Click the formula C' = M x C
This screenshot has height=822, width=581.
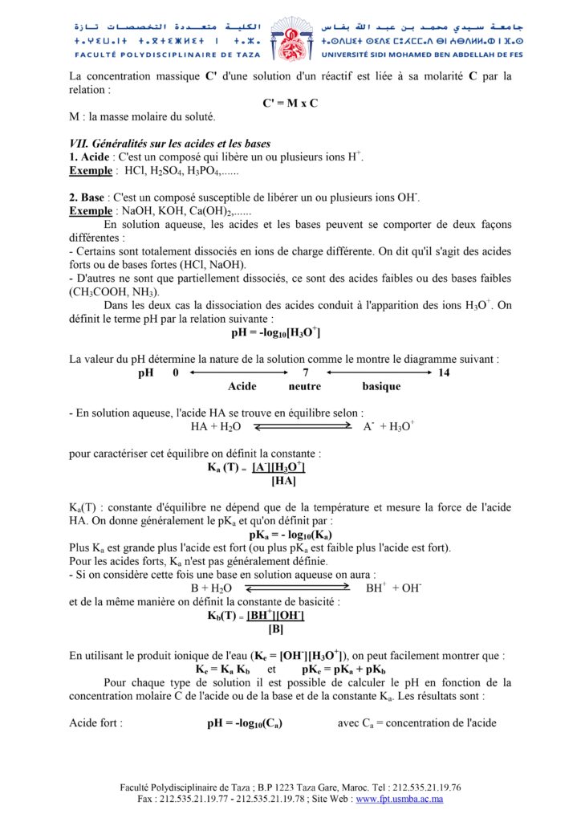click(x=290, y=104)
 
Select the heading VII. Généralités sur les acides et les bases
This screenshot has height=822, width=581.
click(x=169, y=144)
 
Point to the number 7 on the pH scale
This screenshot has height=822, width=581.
click(x=306, y=372)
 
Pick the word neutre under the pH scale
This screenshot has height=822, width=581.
click(x=304, y=386)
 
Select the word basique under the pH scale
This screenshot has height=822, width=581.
click(x=381, y=386)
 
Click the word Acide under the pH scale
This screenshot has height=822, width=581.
click(x=242, y=386)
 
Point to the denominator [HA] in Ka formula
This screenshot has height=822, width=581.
click(x=284, y=482)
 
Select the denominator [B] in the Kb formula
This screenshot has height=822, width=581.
click(x=275, y=629)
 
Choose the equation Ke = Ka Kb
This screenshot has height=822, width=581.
click(x=223, y=669)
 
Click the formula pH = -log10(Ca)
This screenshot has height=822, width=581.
click(x=245, y=723)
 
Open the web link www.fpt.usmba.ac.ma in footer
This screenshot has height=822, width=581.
click(x=400, y=800)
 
